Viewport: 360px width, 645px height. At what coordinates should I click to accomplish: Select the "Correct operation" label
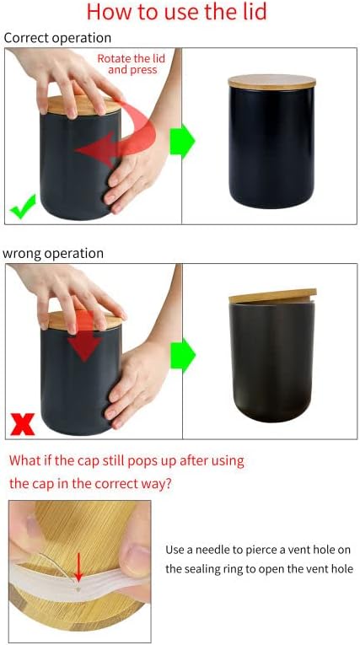tap(57, 38)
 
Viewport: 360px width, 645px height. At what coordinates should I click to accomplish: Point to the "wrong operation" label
tap(53, 253)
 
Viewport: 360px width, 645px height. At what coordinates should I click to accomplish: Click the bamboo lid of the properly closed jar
tap(271, 83)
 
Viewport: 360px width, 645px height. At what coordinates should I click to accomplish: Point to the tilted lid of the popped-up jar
tap(271, 297)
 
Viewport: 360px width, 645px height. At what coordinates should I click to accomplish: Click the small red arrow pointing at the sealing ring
tap(78, 567)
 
